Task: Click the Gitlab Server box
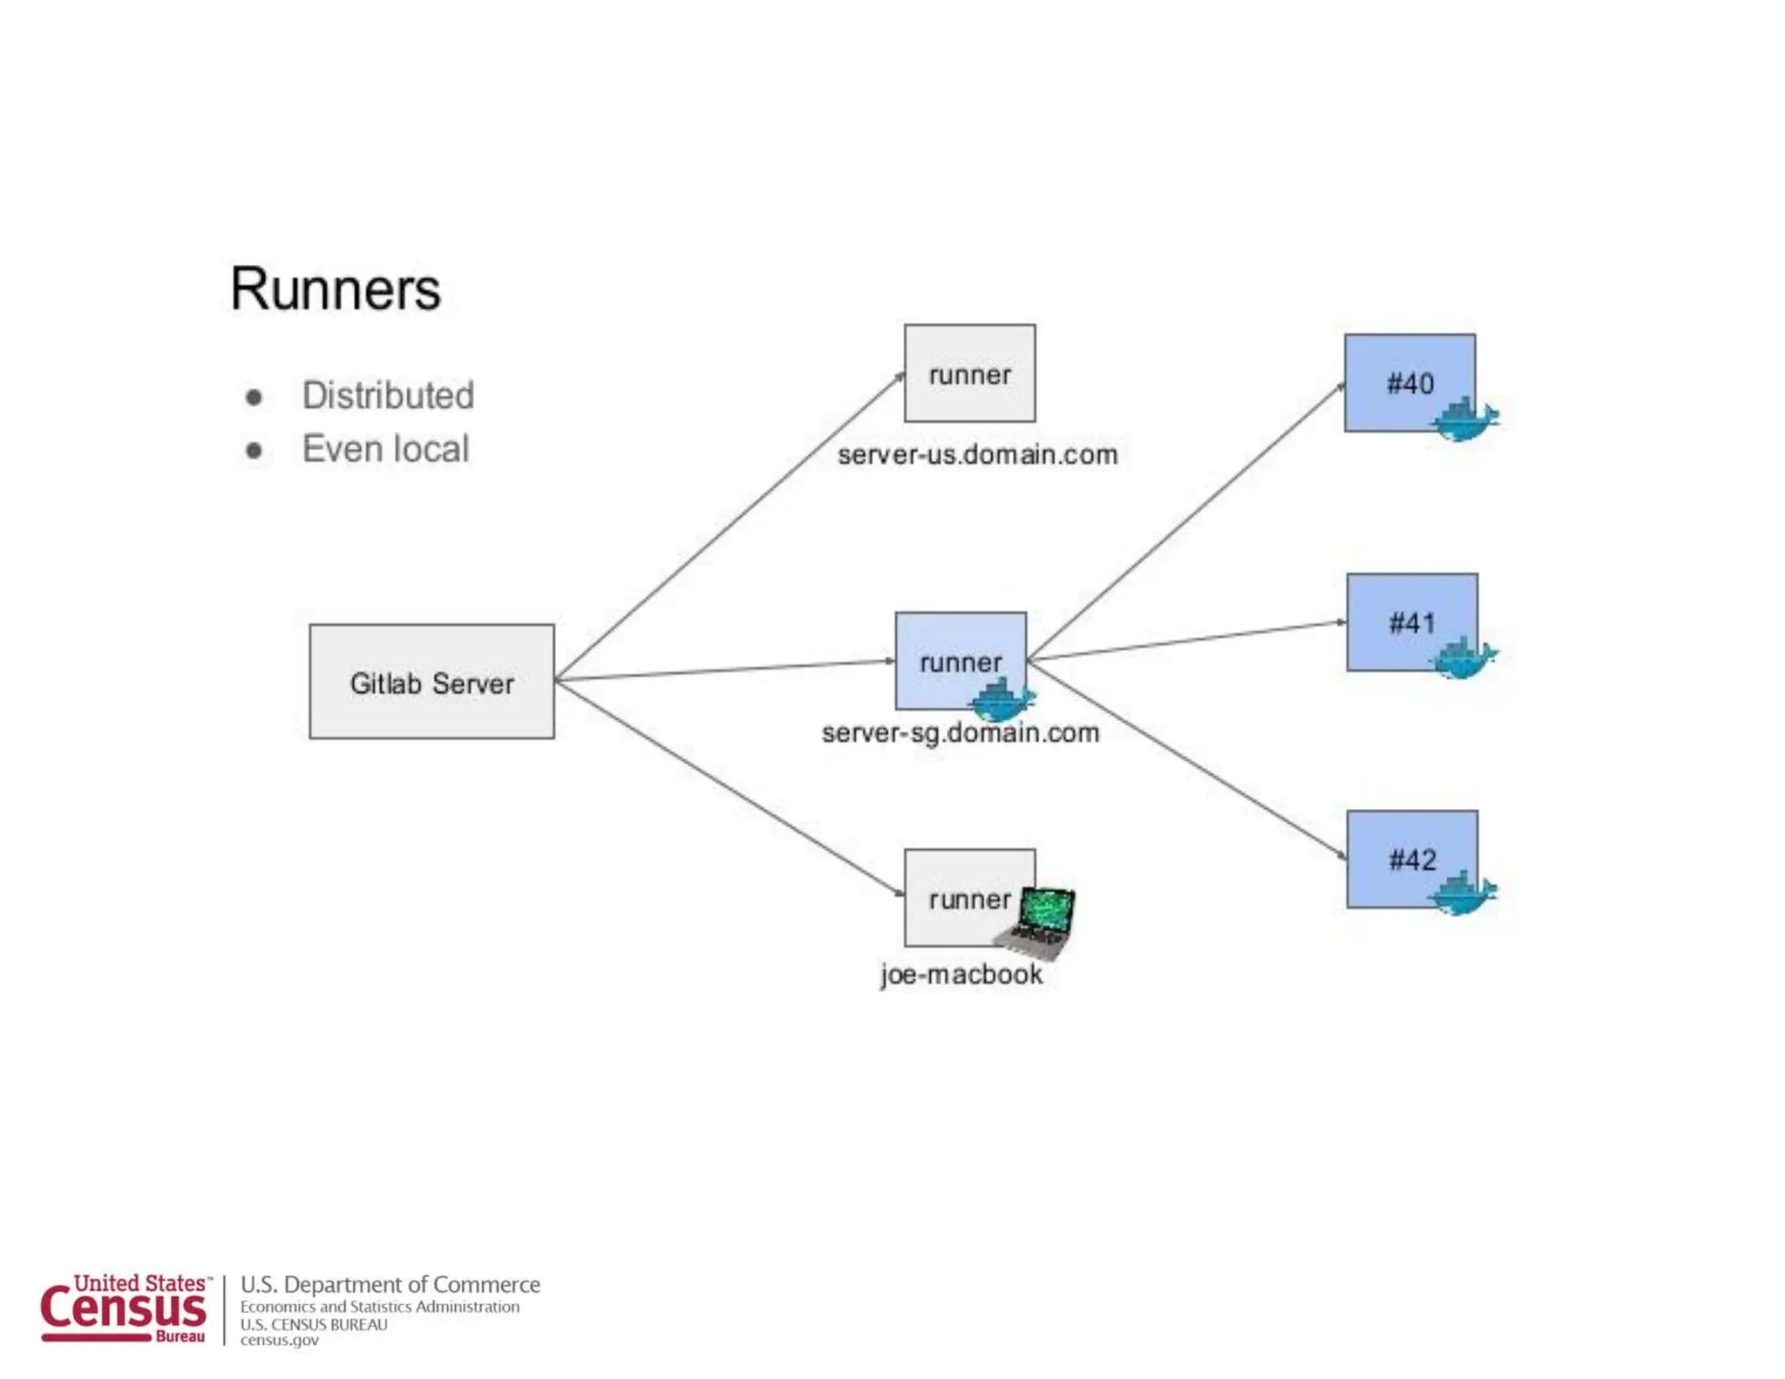[431, 681]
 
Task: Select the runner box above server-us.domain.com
[969, 373]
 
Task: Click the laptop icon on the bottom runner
[1039, 921]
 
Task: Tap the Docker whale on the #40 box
[1464, 419]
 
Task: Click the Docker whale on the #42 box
[1463, 893]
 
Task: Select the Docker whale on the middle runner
[1002, 699]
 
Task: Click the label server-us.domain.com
[977, 454]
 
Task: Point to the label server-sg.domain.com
[960, 732]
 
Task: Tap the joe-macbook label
[960, 974]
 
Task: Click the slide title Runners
[335, 289]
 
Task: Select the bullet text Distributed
[388, 395]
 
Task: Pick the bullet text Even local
[385, 449]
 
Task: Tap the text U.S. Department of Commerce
[390, 1284]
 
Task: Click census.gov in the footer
[279, 1340]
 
